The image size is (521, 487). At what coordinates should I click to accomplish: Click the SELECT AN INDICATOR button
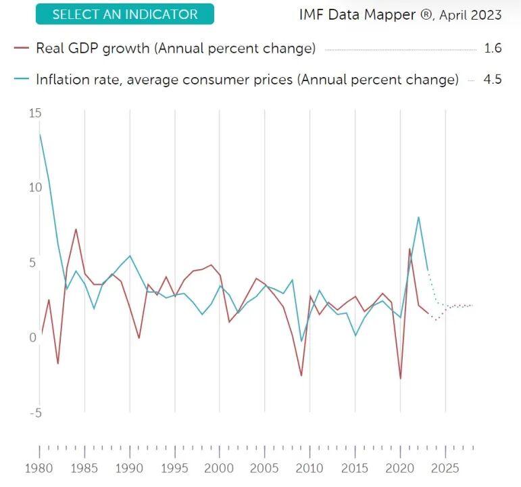click(x=124, y=14)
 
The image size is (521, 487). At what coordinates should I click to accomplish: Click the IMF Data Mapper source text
click(x=401, y=15)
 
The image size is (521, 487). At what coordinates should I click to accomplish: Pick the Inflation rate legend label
click(x=247, y=80)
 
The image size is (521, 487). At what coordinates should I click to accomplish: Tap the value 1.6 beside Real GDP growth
click(x=493, y=48)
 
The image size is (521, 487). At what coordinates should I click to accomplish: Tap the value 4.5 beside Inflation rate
click(x=493, y=80)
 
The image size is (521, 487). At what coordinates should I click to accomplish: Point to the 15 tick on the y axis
click(x=35, y=113)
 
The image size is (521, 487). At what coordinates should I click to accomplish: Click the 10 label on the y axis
click(x=35, y=187)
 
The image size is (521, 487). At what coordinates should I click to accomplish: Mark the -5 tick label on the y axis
click(x=36, y=413)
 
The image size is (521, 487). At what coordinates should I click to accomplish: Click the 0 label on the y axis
click(x=32, y=338)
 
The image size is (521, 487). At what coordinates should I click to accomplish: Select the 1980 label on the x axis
click(x=39, y=468)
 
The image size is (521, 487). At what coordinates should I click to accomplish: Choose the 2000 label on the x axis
click(x=219, y=468)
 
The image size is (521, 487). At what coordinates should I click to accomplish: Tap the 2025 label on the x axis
click(x=445, y=468)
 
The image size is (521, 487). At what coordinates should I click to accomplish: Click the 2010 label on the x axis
click(x=309, y=468)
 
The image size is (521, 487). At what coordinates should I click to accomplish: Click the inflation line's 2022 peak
click(x=418, y=217)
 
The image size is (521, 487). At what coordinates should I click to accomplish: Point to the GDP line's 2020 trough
click(x=401, y=379)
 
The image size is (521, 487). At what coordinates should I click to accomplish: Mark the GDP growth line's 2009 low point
click(x=301, y=375)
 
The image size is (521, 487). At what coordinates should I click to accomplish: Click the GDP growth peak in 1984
click(x=76, y=229)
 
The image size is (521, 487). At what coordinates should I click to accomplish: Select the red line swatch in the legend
click(x=22, y=48)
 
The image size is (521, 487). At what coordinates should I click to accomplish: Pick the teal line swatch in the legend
click(x=22, y=79)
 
